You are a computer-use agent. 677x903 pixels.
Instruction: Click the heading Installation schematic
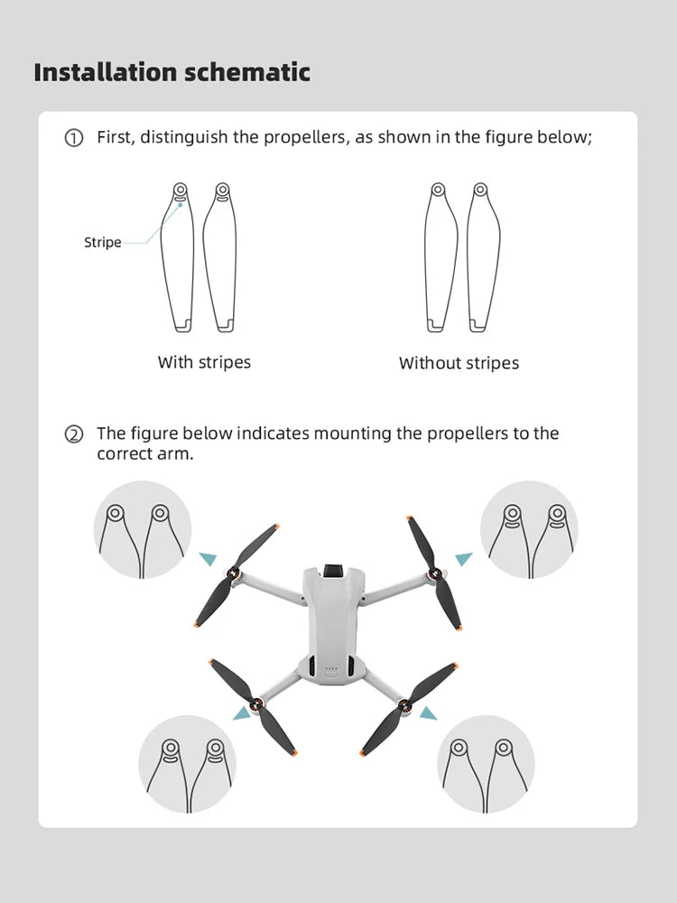click(x=172, y=72)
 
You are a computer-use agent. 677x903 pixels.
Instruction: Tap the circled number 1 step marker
click(x=73, y=138)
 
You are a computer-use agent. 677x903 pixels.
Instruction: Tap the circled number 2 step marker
click(x=73, y=434)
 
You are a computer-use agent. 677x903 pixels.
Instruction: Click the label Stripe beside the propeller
click(x=102, y=242)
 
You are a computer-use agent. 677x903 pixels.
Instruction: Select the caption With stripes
click(x=204, y=362)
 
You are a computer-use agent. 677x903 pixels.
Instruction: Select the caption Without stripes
click(x=459, y=363)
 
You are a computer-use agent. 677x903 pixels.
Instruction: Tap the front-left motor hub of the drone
click(x=236, y=574)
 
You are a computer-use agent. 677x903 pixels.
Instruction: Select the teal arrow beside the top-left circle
click(x=208, y=559)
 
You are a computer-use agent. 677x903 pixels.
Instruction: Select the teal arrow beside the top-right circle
click(x=463, y=559)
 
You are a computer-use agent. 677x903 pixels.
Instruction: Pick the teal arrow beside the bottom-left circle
click(x=241, y=713)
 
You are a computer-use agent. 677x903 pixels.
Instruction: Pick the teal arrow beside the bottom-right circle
click(x=428, y=713)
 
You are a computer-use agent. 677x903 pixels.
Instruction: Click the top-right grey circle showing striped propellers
click(x=528, y=529)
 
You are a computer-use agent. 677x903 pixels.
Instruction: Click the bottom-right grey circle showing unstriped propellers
click(x=486, y=764)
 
